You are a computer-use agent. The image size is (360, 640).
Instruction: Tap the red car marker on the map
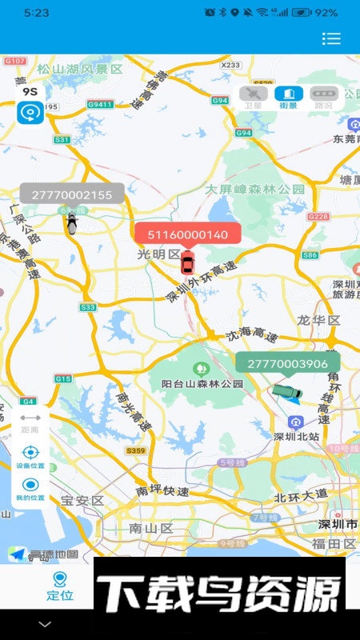[187, 262]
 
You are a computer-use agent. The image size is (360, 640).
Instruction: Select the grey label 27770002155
[72, 194]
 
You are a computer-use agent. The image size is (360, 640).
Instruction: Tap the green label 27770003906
[287, 363]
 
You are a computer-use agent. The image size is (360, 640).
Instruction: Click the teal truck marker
[287, 391]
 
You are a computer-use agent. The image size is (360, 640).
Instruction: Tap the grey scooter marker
[72, 223]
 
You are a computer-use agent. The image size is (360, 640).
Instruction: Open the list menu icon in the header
[331, 38]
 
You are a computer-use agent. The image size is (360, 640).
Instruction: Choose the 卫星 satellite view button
[254, 98]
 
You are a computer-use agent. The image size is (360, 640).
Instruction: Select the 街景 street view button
[289, 98]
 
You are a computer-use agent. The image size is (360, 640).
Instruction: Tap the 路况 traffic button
[324, 98]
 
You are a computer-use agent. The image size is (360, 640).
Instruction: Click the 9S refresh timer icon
[30, 106]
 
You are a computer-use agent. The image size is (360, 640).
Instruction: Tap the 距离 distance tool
[30, 422]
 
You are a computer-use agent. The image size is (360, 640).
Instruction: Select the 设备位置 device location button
[30, 457]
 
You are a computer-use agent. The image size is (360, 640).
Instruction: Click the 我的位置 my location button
[30, 489]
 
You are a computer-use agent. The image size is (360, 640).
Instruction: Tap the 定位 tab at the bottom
[59, 586]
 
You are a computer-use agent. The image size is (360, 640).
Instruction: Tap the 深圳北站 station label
[297, 436]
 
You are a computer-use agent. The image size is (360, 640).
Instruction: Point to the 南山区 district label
[151, 528]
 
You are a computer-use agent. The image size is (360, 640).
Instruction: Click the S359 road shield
[136, 451]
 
